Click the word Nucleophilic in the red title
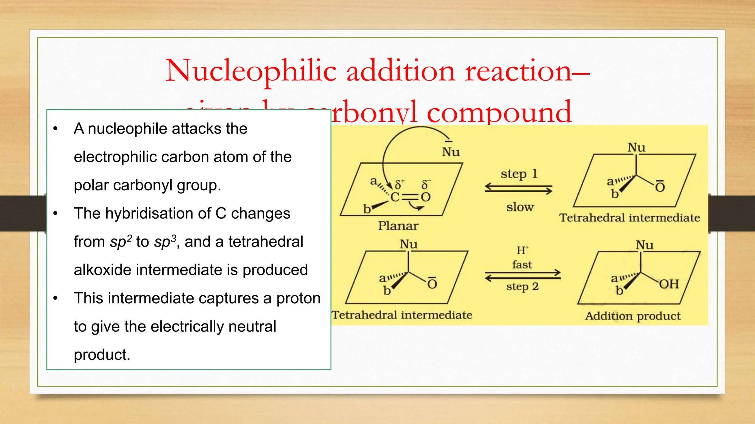click(x=251, y=71)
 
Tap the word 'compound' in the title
click(x=499, y=112)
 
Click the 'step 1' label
click(x=519, y=174)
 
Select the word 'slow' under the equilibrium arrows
click(x=520, y=207)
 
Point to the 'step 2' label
click(x=522, y=286)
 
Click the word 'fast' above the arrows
click(x=522, y=265)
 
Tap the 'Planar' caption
click(x=398, y=226)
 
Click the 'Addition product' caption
click(x=633, y=316)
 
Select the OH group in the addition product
click(x=669, y=284)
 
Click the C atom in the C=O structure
click(x=395, y=197)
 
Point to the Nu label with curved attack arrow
click(x=450, y=151)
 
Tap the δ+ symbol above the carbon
click(x=400, y=184)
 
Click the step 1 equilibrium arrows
click(x=518, y=189)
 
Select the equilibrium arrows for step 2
click(x=522, y=275)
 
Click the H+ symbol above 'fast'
click(x=522, y=251)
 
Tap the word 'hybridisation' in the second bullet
click(x=158, y=213)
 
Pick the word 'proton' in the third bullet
click(x=298, y=298)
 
